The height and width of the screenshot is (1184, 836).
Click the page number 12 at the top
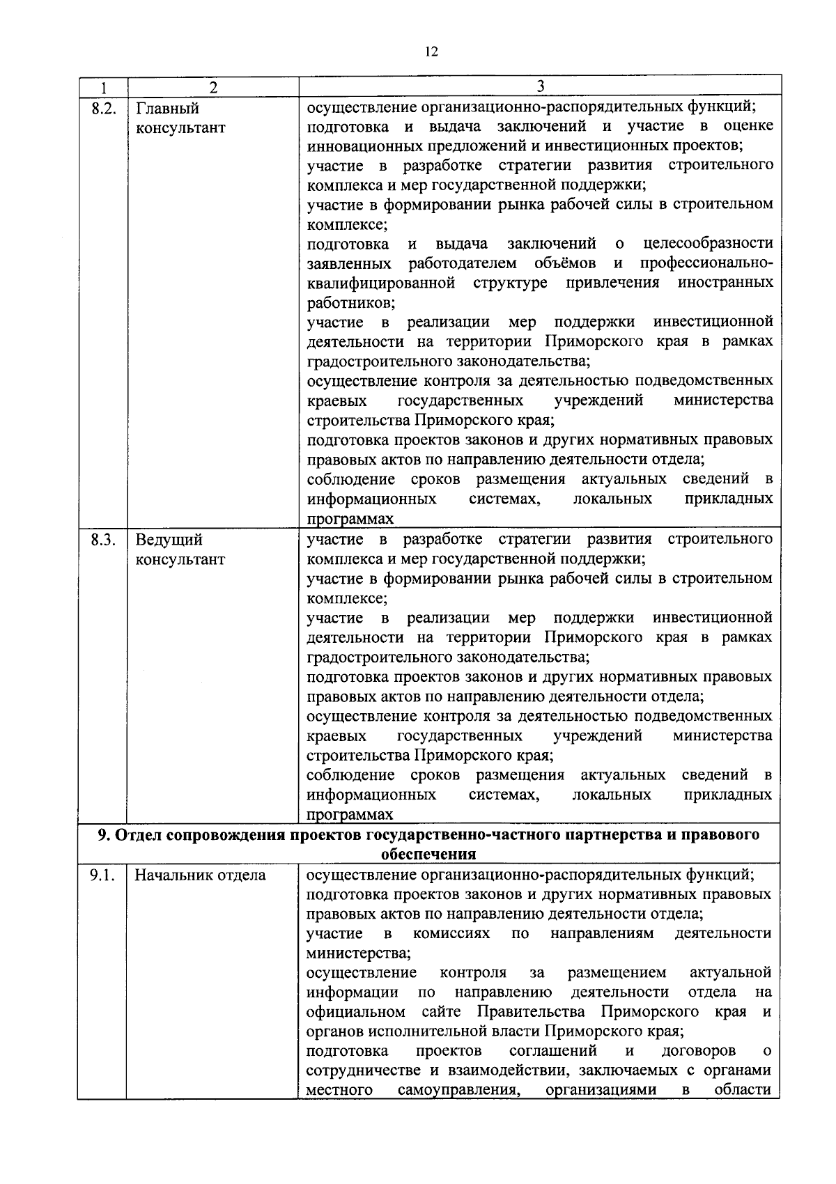pos(431,52)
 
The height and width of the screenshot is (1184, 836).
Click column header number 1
pos(102,87)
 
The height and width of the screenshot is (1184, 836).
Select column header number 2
pos(212,87)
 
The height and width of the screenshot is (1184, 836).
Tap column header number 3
pos(540,86)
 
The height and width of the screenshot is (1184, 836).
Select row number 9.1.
pos(102,875)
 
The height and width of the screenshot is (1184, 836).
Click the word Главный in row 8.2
pos(168,109)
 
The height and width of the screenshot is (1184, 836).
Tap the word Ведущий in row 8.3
pos(169,540)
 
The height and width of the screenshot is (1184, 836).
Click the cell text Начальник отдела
pos(200,875)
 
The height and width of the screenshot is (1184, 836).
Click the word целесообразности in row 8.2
pos(708,244)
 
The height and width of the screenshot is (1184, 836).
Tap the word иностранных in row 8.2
pos(725,283)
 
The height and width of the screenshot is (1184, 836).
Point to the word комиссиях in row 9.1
pos(451,933)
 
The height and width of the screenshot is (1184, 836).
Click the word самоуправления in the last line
pos(459,1090)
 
